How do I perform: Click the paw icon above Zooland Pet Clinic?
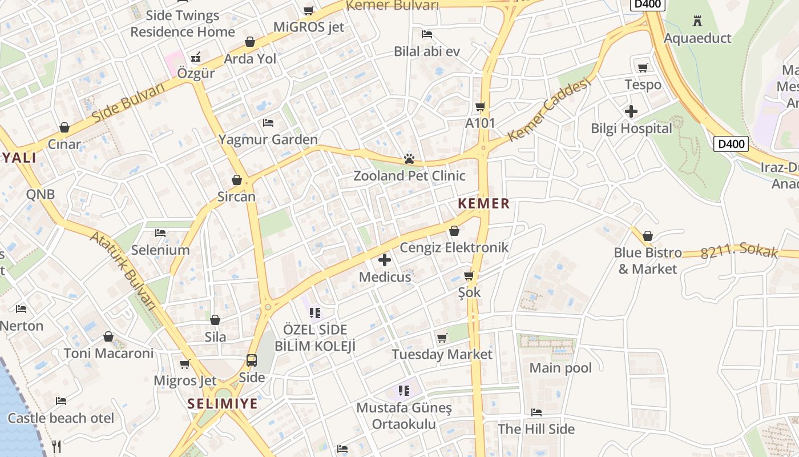pos(409,159)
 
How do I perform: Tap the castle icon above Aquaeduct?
pos(697,22)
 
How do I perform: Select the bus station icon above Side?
pos(252,360)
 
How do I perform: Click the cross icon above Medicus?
pos(385,260)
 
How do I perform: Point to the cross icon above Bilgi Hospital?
pos(631,111)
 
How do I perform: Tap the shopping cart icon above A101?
pos(481,106)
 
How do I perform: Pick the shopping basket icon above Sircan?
pos(237,181)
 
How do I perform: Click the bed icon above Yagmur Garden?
pos(268,123)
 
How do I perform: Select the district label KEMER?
pos(483,204)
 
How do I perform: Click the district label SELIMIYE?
pos(223,404)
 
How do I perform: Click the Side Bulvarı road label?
pos(128,102)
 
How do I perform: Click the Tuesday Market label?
pos(442,354)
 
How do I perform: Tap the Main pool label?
pos(560,368)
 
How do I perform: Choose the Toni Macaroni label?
pos(108,353)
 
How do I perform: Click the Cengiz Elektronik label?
pos(454,247)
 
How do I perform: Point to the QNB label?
pos(41,194)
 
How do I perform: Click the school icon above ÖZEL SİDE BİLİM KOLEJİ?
pos(314,312)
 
